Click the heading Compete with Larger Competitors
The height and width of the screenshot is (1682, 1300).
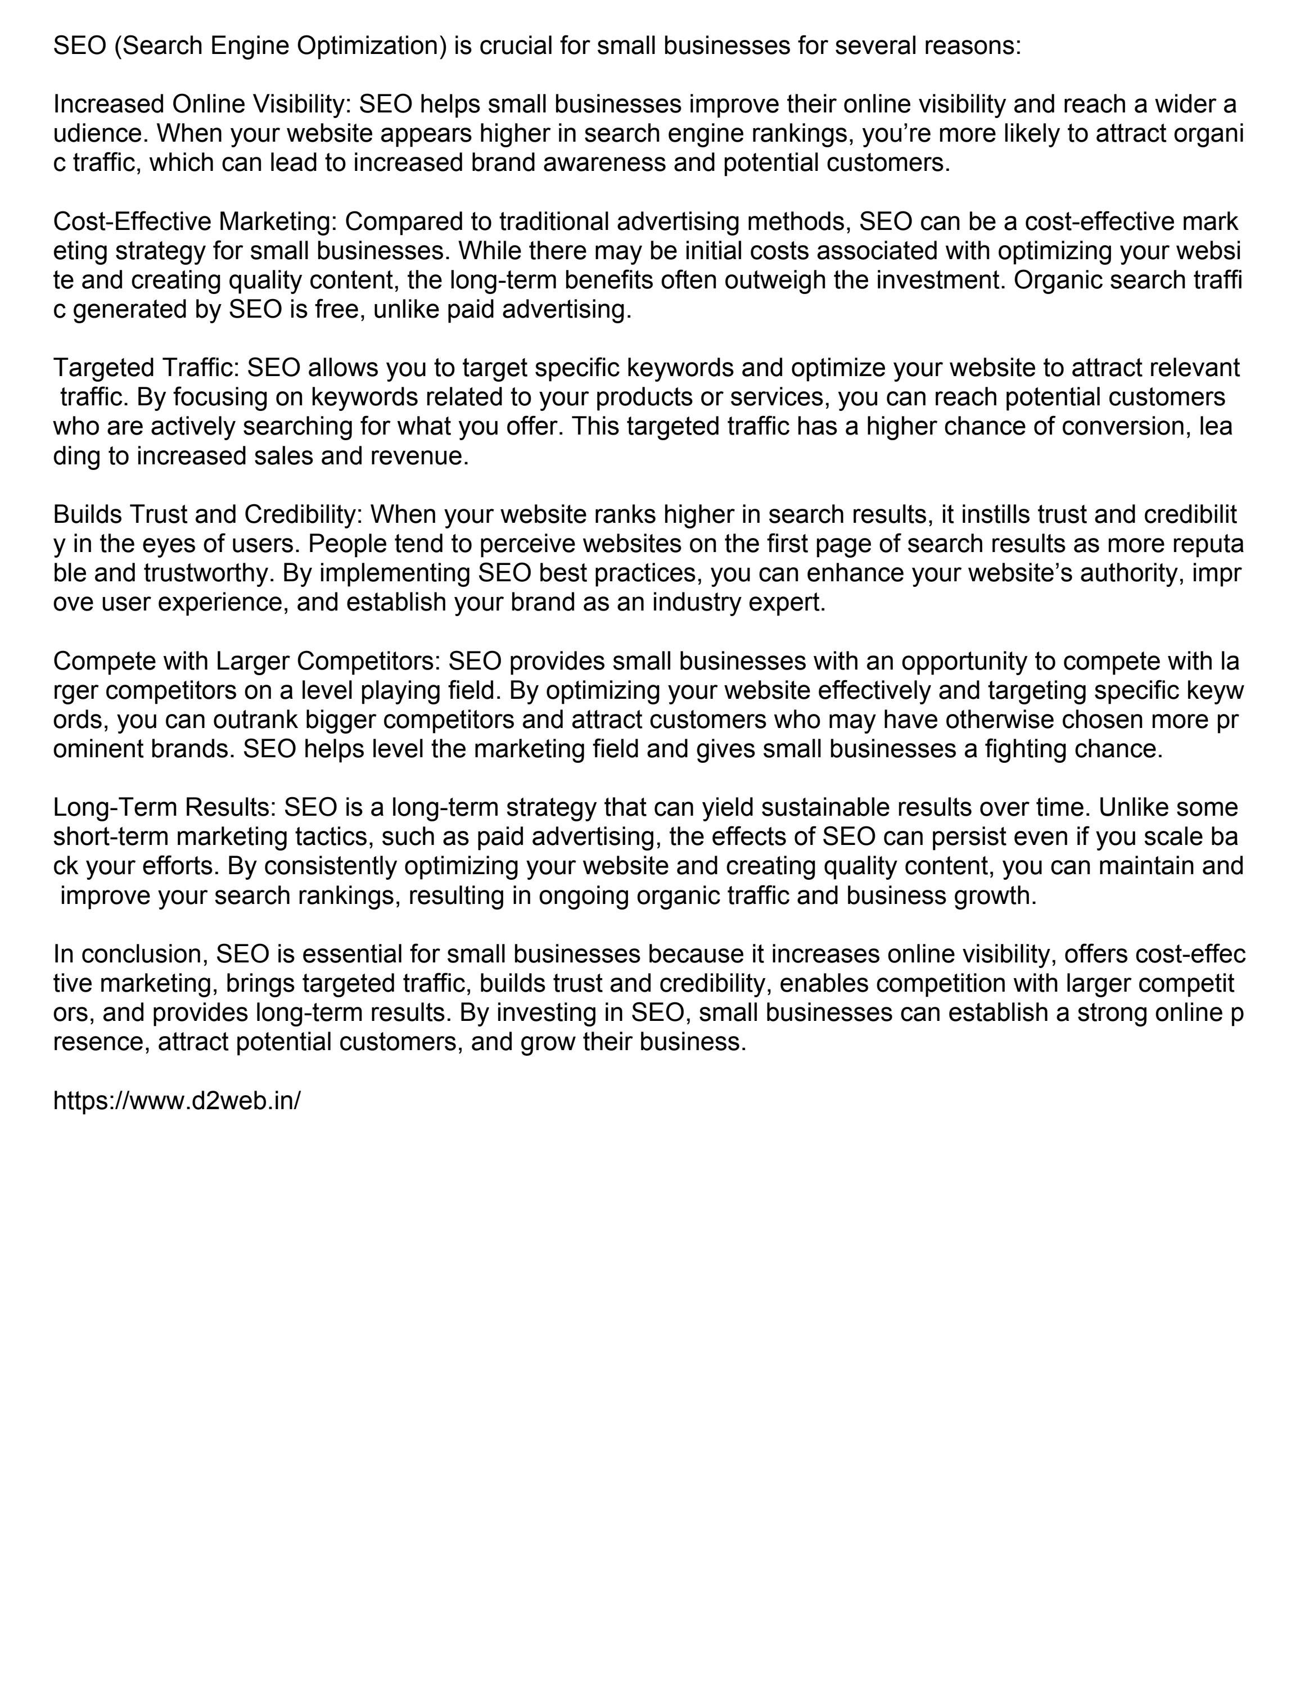[246, 662]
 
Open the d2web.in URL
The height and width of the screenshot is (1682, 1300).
[177, 1101]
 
